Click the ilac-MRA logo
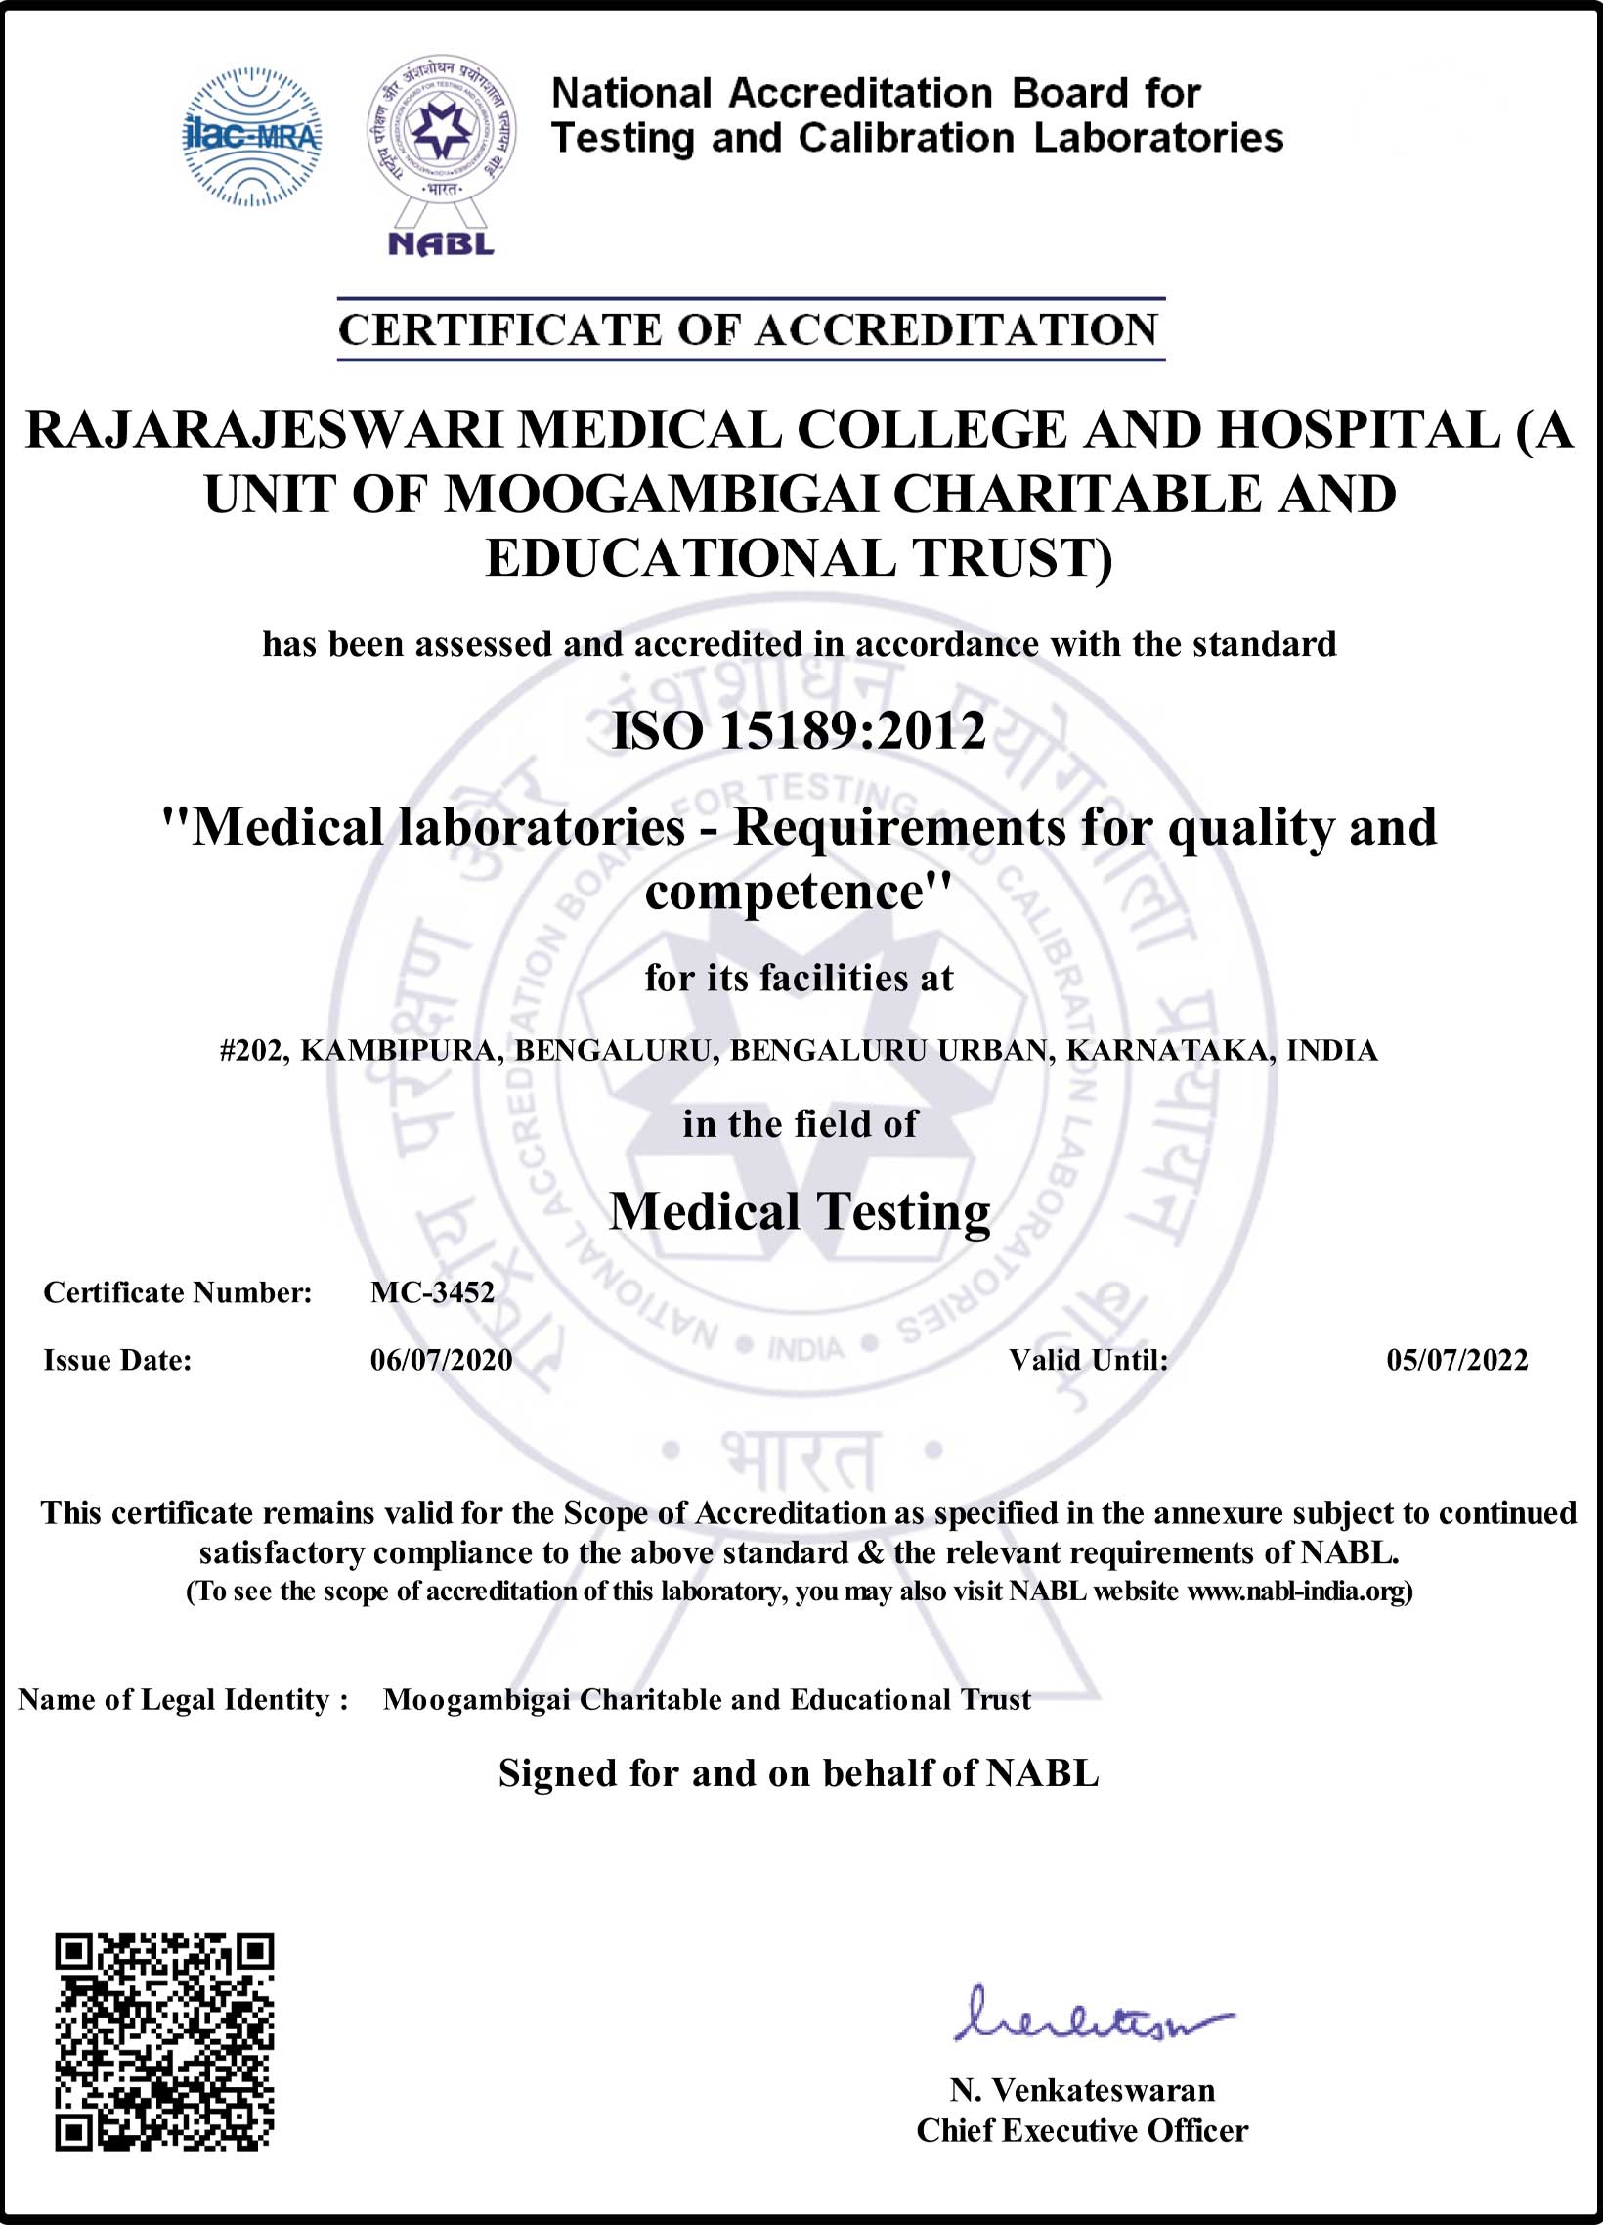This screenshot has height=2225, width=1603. click(x=252, y=136)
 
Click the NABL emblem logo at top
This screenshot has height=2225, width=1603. click(x=442, y=153)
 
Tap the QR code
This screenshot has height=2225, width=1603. click(x=164, y=2040)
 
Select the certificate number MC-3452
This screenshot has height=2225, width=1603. click(x=433, y=1292)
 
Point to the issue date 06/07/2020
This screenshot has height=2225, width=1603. click(x=442, y=1360)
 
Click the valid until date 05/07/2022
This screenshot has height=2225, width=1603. click(x=1456, y=1360)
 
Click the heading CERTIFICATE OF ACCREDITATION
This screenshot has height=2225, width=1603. click(x=751, y=329)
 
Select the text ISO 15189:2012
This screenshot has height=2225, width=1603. click(x=799, y=731)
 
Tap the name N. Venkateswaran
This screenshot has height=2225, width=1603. click(x=1082, y=2091)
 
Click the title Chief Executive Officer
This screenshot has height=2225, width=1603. click(x=1082, y=2131)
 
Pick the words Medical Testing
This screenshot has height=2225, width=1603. click(x=800, y=1211)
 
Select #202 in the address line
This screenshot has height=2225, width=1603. click(x=253, y=1051)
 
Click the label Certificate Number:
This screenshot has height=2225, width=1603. click(x=178, y=1292)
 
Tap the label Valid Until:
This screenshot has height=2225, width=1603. click(x=1088, y=1360)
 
